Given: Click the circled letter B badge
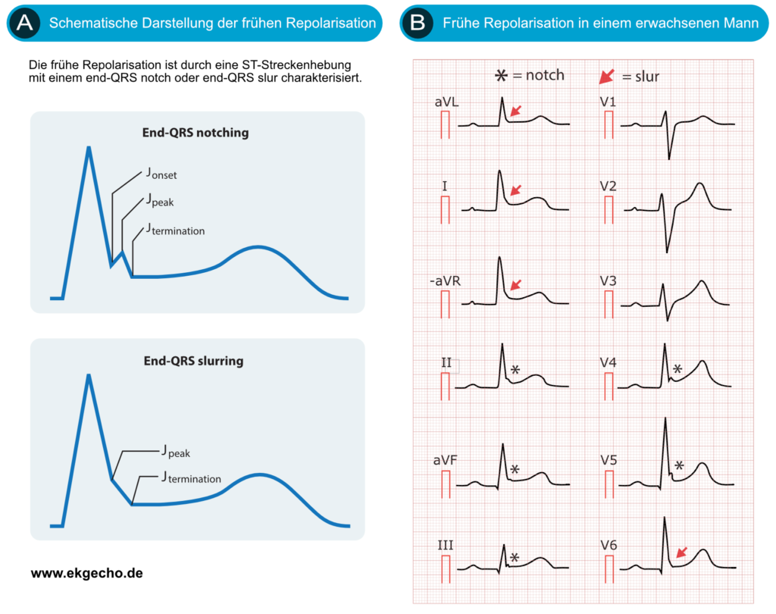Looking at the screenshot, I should [416, 23].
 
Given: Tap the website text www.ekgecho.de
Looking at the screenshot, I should [86, 574].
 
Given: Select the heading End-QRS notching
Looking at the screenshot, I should [196, 133].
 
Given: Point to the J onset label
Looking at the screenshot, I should [161, 174].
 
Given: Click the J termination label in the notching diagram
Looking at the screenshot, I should [176, 229].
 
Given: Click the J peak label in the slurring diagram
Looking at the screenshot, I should [175, 453].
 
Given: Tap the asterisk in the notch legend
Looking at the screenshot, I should [500, 76].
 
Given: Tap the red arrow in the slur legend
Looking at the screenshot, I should [607, 76].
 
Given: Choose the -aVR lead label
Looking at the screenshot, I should [446, 281].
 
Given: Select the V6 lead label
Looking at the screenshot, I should [609, 544].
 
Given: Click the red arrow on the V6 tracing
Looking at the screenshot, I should [682, 553].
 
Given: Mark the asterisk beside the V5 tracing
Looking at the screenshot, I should [680, 466].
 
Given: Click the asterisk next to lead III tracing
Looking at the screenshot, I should [515, 557].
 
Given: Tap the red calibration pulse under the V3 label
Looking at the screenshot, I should [608, 303].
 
